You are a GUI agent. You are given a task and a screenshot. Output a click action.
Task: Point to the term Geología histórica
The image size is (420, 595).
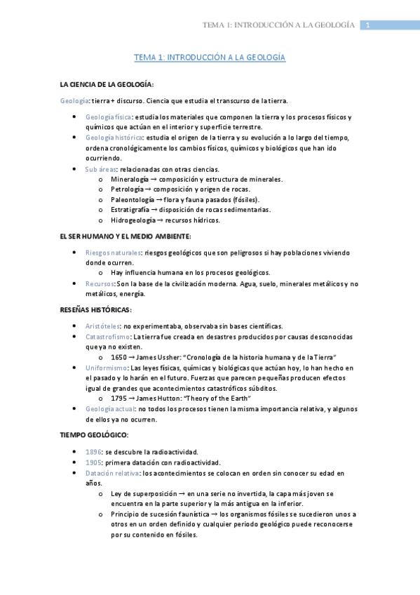tap(111, 138)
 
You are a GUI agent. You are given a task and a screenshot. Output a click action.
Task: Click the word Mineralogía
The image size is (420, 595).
tap(126, 180)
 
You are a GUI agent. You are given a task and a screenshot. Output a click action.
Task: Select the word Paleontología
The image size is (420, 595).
tap(129, 199)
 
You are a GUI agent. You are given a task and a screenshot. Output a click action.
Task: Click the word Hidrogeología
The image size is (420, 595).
tap(130, 220)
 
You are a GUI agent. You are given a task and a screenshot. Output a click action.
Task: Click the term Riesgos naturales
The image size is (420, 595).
tap(113, 252)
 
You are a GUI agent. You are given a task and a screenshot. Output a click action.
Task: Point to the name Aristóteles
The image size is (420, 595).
tap(102, 326)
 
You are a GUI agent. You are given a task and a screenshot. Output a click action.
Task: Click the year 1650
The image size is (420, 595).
tap(118, 357)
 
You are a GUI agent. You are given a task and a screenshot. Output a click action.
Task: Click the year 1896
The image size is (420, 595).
tap(93, 452)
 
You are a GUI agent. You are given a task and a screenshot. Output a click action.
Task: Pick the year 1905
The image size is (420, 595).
tap(93, 462)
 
